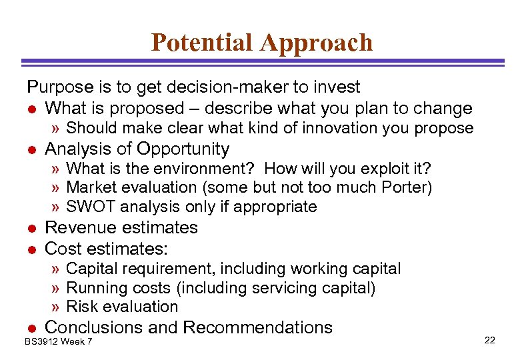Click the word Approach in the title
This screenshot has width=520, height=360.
click(317, 43)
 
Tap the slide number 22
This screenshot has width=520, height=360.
click(490, 341)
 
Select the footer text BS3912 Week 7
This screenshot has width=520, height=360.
click(59, 342)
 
